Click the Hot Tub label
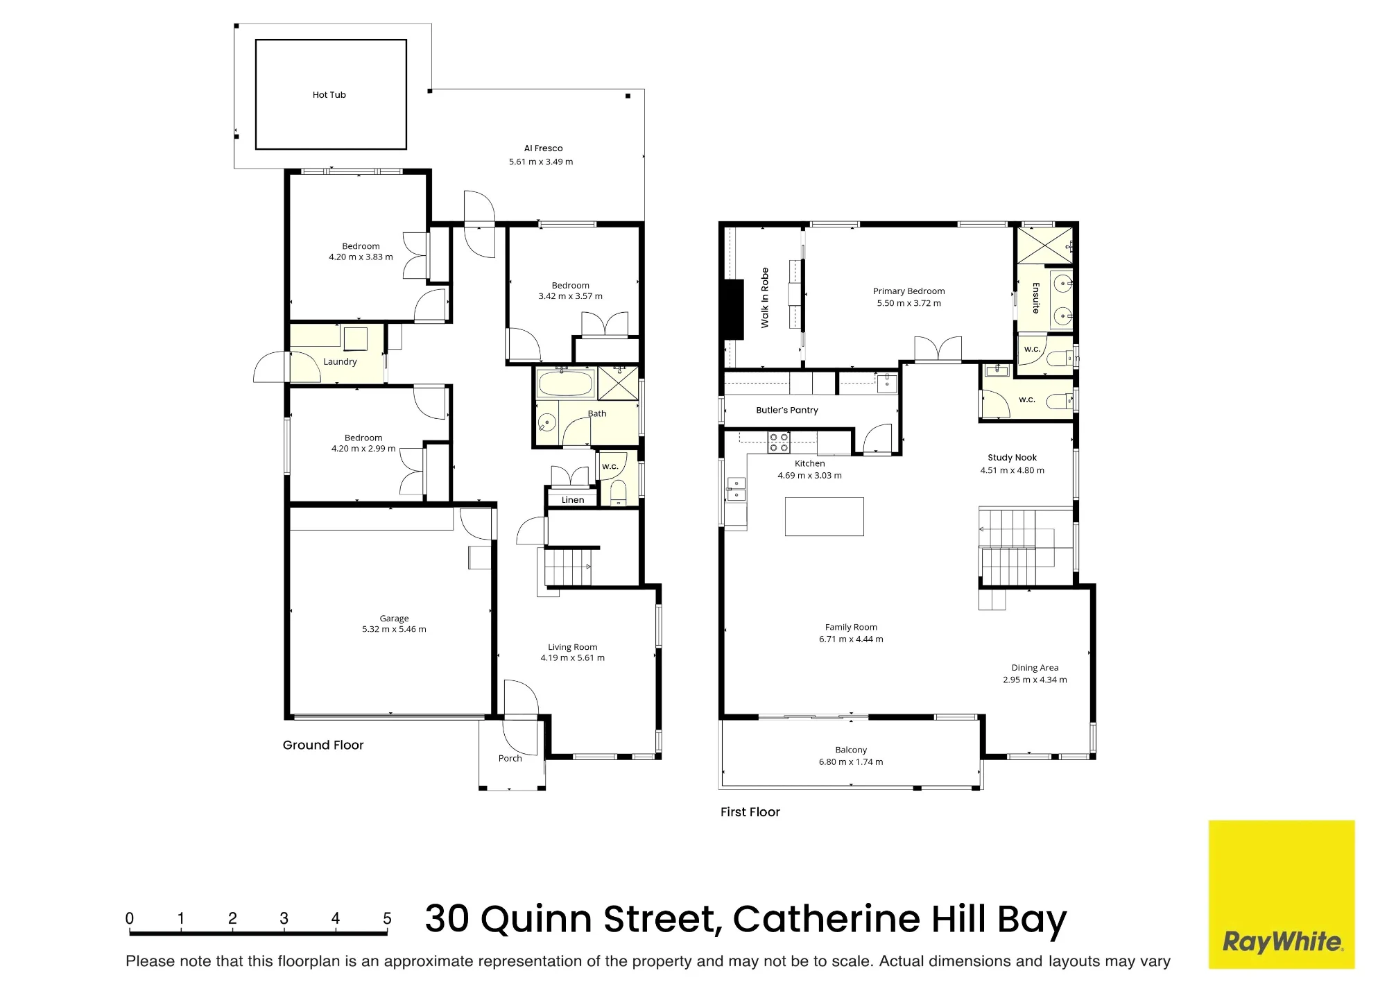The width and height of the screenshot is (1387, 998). (329, 95)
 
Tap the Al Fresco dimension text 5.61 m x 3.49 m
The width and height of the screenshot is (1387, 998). (541, 162)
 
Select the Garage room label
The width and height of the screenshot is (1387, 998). (394, 618)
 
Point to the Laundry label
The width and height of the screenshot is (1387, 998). (340, 361)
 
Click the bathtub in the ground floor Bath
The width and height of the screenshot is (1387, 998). (566, 383)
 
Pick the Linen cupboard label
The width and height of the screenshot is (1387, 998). (573, 499)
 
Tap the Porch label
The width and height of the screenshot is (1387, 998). (510, 758)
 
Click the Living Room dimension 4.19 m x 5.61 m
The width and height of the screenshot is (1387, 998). (572, 657)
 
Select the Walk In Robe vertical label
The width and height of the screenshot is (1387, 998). (765, 298)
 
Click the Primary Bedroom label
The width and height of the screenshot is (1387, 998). (908, 291)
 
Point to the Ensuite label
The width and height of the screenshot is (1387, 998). (1036, 298)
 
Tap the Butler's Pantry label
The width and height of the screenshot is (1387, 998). (787, 410)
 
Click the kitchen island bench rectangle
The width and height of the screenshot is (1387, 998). (824, 516)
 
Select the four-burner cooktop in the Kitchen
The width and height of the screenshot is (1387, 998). (779, 442)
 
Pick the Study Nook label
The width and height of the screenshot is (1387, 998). (1012, 458)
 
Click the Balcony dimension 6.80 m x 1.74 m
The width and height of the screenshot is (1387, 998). (851, 762)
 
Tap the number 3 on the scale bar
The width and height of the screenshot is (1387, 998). (284, 918)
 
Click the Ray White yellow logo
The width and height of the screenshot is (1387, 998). (1282, 895)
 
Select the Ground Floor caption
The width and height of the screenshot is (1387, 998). (323, 745)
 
